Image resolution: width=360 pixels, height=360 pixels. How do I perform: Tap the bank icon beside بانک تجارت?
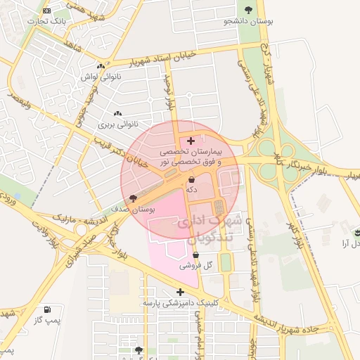point(46,11)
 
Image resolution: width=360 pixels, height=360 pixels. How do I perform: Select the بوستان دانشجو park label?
point(247,21)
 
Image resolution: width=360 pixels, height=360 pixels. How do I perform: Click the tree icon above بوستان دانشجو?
point(247,10)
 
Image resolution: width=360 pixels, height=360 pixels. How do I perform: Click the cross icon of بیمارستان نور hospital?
point(191,141)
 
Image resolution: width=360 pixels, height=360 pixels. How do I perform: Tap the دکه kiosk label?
point(191,189)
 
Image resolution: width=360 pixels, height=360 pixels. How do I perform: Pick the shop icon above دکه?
point(191,180)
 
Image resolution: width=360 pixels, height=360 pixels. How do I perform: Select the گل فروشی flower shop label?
point(191,266)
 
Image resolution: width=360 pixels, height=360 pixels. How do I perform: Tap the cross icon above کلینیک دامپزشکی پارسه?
point(180,291)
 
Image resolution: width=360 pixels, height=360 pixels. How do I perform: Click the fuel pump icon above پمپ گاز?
point(47,309)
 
